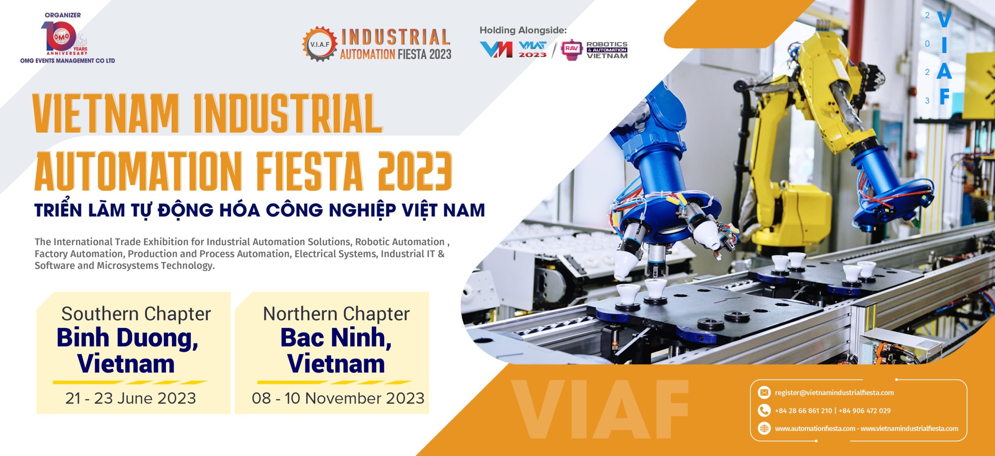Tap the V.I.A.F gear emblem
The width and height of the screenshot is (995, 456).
(x=320, y=44)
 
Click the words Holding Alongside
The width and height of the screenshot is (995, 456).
(x=523, y=30)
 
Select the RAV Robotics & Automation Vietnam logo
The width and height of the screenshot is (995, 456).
(x=594, y=50)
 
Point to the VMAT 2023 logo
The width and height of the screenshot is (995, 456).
(x=533, y=49)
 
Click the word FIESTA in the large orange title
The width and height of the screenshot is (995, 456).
(x=309, y=171)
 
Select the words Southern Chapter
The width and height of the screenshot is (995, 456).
(x=136, y=314)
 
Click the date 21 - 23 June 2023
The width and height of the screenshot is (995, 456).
(x=130, y=398)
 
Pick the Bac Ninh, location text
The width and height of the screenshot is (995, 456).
(x=336, y=338)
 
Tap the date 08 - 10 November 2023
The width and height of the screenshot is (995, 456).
(x=338, y=398)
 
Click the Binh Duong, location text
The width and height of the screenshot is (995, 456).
(x=127, y=339)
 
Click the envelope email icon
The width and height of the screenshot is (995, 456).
(x=764, y=392)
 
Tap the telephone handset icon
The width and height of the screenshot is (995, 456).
(x=764, y=410)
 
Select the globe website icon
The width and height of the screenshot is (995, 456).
(x=764, y=428)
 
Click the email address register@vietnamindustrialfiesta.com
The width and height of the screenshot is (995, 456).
(x=834, y=393)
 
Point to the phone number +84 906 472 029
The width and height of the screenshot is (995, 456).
(x=865, y=411)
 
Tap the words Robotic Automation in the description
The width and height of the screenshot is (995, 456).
(x=400, y=242)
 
